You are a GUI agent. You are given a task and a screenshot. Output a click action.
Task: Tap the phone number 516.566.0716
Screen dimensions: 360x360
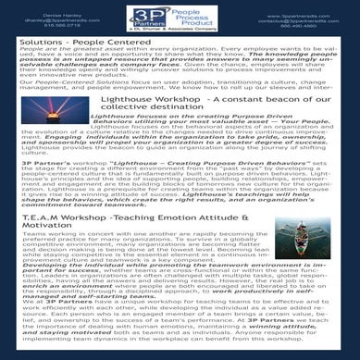coord(34,28)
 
